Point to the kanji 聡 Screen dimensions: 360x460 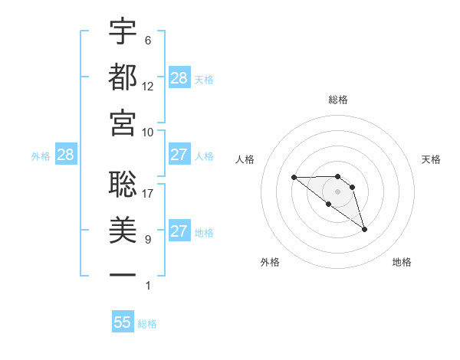click(x=123, y=183)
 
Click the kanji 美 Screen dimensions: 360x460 click(x=123, y=229)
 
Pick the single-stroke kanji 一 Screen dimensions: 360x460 click(x=123, y=274)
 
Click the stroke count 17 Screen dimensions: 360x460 click(x=148, y=194)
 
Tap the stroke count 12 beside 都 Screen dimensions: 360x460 click(x=148, y=87)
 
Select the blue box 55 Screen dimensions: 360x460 click(x=123, y=322)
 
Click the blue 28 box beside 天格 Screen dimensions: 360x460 click(x=179, y=78)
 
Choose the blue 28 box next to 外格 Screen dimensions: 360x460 click(x=65, y=155)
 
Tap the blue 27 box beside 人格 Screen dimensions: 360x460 click(x=179, y=155)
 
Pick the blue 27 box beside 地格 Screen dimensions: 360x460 click(x=179, y=231)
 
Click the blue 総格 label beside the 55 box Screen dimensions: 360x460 click(x=147, y=324)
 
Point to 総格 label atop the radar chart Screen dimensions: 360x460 click(x=338, y=100)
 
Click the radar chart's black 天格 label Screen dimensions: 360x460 click(x=432, y=159)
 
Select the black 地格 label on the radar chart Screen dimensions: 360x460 click(x=402, y=262)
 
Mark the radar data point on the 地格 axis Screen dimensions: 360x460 click(x=364, y=229)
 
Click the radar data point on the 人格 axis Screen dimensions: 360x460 click(x=294, y=178)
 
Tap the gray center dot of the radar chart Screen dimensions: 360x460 click(x=338, y=191)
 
